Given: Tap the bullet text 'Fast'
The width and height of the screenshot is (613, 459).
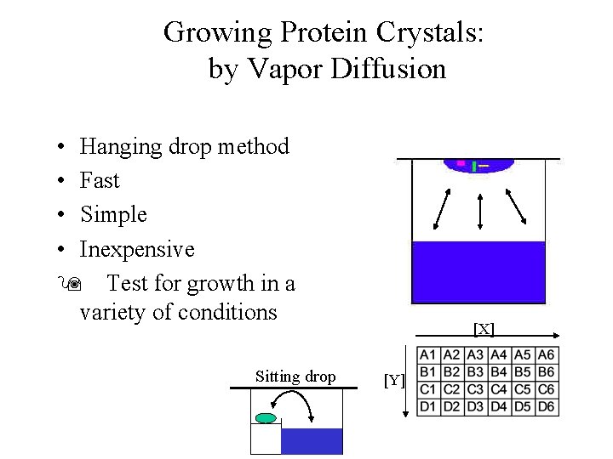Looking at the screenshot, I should (100, 180).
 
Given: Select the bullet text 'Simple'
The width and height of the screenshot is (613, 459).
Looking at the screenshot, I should (113, 214).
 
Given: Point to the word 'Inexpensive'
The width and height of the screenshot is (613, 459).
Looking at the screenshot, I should (137, 249).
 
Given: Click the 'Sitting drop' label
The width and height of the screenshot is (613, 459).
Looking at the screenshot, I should (295, 377).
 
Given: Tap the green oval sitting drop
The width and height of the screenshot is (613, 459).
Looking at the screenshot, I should (266, 418).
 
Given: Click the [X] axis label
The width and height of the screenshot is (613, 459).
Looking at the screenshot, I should (484, 328).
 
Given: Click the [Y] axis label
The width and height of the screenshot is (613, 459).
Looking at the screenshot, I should (393, 380).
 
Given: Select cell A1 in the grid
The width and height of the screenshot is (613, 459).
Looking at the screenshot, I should (428, 355).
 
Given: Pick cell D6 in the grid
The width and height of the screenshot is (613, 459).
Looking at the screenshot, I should (547, 407).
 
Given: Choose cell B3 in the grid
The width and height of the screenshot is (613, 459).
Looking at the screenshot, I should (476, 372).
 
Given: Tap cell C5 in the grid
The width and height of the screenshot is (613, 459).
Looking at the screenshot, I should (524, 389).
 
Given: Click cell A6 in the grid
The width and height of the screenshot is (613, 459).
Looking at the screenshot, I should (547, 355).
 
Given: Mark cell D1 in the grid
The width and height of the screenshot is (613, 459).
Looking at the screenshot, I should (428, 407).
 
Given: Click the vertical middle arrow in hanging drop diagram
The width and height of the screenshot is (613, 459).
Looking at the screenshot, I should (481, 209).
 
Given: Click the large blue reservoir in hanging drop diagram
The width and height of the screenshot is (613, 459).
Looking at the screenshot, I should (478, 272).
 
